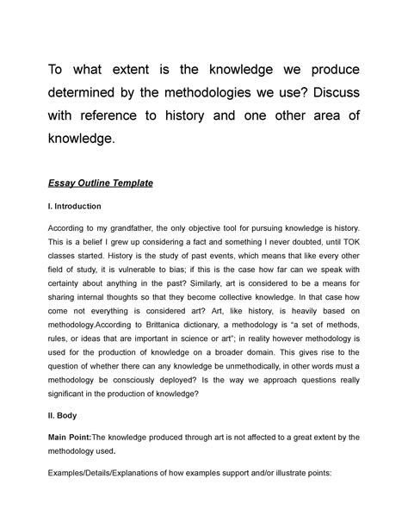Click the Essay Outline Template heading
[x=112, y=183]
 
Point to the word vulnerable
[x=147, y=279]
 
